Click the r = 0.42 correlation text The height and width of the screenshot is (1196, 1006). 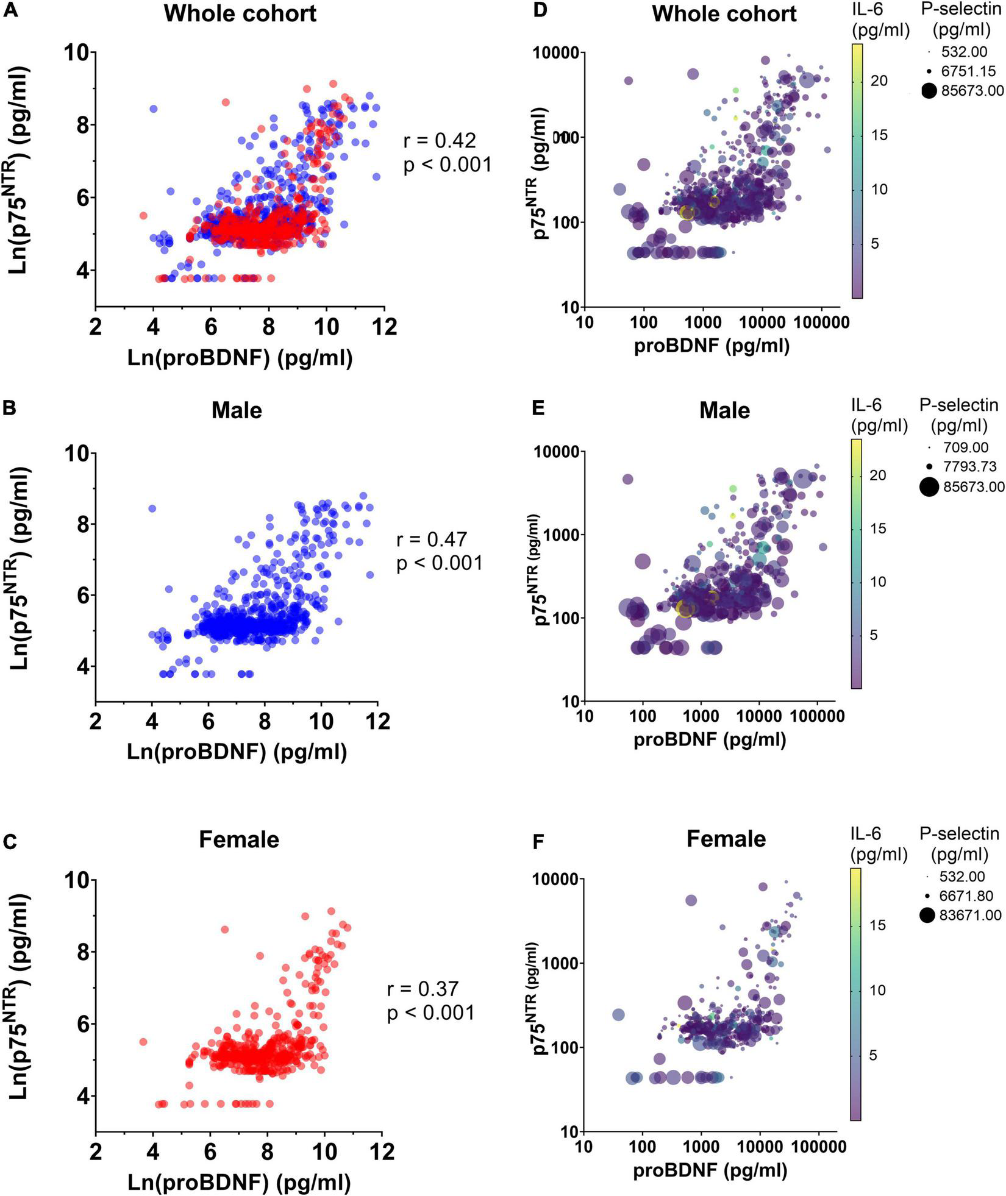(440, 141)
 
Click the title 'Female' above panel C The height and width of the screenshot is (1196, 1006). (239, 839)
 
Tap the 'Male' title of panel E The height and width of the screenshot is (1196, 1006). (724, 410)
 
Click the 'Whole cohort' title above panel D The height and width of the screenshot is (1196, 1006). (724, 13)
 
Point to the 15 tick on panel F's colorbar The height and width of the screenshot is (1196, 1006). (878, 925)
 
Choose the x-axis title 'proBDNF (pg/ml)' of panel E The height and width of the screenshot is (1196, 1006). (710, 739)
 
